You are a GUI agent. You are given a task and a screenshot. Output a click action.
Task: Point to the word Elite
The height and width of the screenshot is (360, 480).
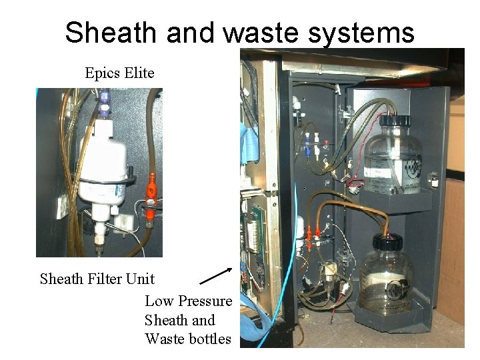point(139,72)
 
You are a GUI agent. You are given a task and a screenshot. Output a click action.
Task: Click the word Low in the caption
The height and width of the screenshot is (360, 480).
point(158,301)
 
